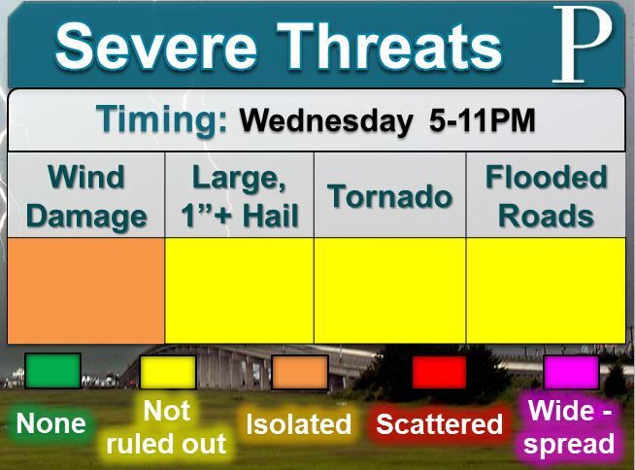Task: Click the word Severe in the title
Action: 156,46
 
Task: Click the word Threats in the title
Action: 389,46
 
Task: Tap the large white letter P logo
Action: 583,45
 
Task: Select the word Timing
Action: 161,119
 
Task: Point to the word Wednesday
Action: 325,120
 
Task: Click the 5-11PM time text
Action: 482,120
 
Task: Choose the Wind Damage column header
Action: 86,196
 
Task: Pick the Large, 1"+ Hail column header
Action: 240,196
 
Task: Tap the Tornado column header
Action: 389,196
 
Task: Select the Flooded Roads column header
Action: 546,196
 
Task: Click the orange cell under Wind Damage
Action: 85,290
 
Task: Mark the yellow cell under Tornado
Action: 389,290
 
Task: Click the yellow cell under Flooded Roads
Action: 546,290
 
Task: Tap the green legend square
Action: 52,371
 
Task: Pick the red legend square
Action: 439,372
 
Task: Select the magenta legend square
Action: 571,372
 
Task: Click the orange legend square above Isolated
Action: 300,372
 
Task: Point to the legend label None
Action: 51,423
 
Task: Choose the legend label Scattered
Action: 439,423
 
